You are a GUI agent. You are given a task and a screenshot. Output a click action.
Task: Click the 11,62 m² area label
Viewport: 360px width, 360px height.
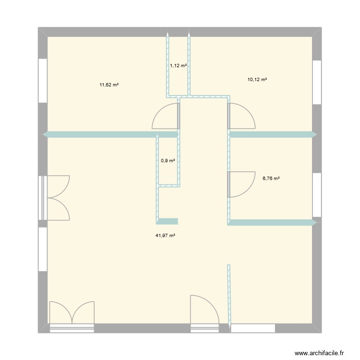(x=109, y=85)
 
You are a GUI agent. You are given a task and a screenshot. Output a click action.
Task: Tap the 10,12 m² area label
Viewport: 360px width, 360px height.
(x=257, y=80)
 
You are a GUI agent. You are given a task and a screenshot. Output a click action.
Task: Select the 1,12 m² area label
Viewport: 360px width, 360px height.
(x=178, y=66)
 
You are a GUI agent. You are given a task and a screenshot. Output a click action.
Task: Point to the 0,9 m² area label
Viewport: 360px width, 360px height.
(x=168, y=161)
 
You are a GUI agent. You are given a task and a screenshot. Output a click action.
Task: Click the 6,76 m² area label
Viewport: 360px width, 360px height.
(x=271, y=178)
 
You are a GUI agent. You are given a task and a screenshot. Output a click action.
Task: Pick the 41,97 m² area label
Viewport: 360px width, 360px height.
(x=165, y=235)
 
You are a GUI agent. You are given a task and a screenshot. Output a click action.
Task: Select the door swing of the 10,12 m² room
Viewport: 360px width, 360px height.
(x=241, y=117)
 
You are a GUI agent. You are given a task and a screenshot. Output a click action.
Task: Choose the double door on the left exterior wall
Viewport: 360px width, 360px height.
(x=57, y=198)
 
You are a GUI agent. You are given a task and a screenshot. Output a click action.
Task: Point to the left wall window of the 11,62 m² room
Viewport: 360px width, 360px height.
(x=43, y=81)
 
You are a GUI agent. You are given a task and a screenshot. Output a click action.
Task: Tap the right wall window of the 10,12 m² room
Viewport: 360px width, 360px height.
(x=317, y=82)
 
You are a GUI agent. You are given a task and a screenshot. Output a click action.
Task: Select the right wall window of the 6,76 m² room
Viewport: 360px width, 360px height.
(x=317, y=195)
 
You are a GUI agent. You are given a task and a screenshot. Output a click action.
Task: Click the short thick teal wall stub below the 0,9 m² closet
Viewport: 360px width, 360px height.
(x=167, y=221)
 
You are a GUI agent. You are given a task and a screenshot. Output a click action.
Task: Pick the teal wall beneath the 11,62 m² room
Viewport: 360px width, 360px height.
(x=110, y=135)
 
